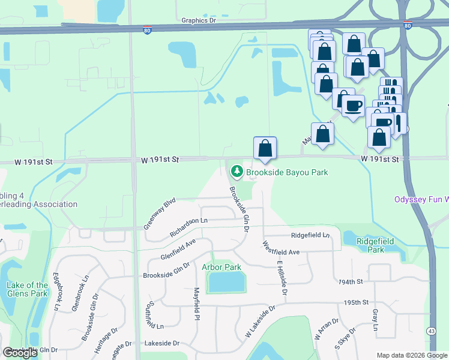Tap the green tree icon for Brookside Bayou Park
pyautogui.click(x=237, y=172)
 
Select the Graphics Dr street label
pyautogui.click(x=198, y=20)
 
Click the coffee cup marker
pyautogui.click(x=352, y=106)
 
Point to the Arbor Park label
pyautogui.click(x=221, y=267)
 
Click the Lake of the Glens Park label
pyautogui.click(x=27, y=290)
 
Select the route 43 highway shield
pyautogui.click(x=432, y=331)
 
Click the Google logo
pyautogui.click(x=20, y=353)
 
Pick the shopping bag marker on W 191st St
pyautogui.click(x=265, y=148)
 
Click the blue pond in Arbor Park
pyautogui.click(x=226, y=281)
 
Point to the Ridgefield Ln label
pyautogui.click(x=310, y=235)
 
